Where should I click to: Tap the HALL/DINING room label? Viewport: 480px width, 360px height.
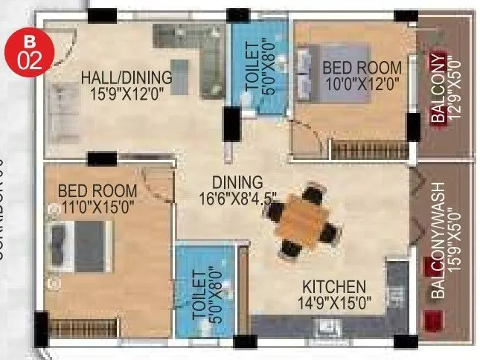point(127,77)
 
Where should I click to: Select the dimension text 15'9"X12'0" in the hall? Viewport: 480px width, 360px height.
point(127,93)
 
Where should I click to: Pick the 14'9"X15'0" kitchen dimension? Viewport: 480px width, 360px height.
point(333,303)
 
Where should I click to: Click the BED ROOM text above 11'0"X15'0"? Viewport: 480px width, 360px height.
point(97,191)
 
